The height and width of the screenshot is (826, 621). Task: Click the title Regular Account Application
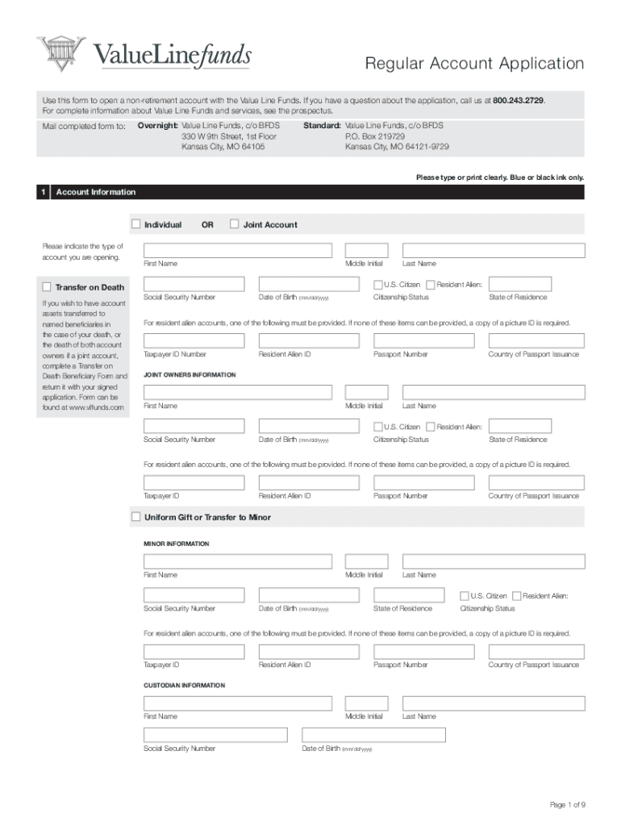474,64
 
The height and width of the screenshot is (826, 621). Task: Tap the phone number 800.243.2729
519,100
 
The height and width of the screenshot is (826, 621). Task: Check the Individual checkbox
135,224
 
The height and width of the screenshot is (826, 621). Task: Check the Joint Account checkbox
235,224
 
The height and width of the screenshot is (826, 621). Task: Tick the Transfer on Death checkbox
46,286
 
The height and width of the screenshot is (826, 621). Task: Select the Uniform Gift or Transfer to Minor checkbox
135,516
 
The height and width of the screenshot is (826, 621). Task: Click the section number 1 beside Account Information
42,192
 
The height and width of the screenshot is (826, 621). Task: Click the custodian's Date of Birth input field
373,735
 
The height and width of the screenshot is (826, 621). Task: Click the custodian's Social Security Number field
215,735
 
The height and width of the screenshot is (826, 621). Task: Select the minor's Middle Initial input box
366,561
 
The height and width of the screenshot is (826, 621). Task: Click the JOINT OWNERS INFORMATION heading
190,375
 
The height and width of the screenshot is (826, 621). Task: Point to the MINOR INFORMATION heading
176,544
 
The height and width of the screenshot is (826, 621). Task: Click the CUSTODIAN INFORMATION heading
184,685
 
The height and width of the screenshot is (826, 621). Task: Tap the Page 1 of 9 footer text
567,805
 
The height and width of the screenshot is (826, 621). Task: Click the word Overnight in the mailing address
157,126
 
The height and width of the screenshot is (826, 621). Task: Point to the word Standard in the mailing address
322,126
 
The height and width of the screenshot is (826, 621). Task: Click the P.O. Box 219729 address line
375,136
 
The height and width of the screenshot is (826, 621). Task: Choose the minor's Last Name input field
494,561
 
